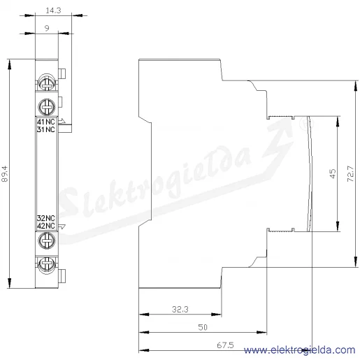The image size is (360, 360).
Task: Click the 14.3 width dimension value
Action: [53, 10]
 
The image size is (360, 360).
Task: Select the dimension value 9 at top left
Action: [47, 28]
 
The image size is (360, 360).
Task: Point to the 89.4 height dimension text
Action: [4, 174]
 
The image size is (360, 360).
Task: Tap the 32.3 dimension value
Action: [180, 309]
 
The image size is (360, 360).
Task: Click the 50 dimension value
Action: [203, 327]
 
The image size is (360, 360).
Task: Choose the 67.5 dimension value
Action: [225, 345]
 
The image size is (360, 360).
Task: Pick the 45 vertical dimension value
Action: [333, 173]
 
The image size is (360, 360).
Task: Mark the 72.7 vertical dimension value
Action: [350, 173]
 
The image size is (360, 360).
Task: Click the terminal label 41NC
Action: [46, 122]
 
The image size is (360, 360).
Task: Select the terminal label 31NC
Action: [46, 129]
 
